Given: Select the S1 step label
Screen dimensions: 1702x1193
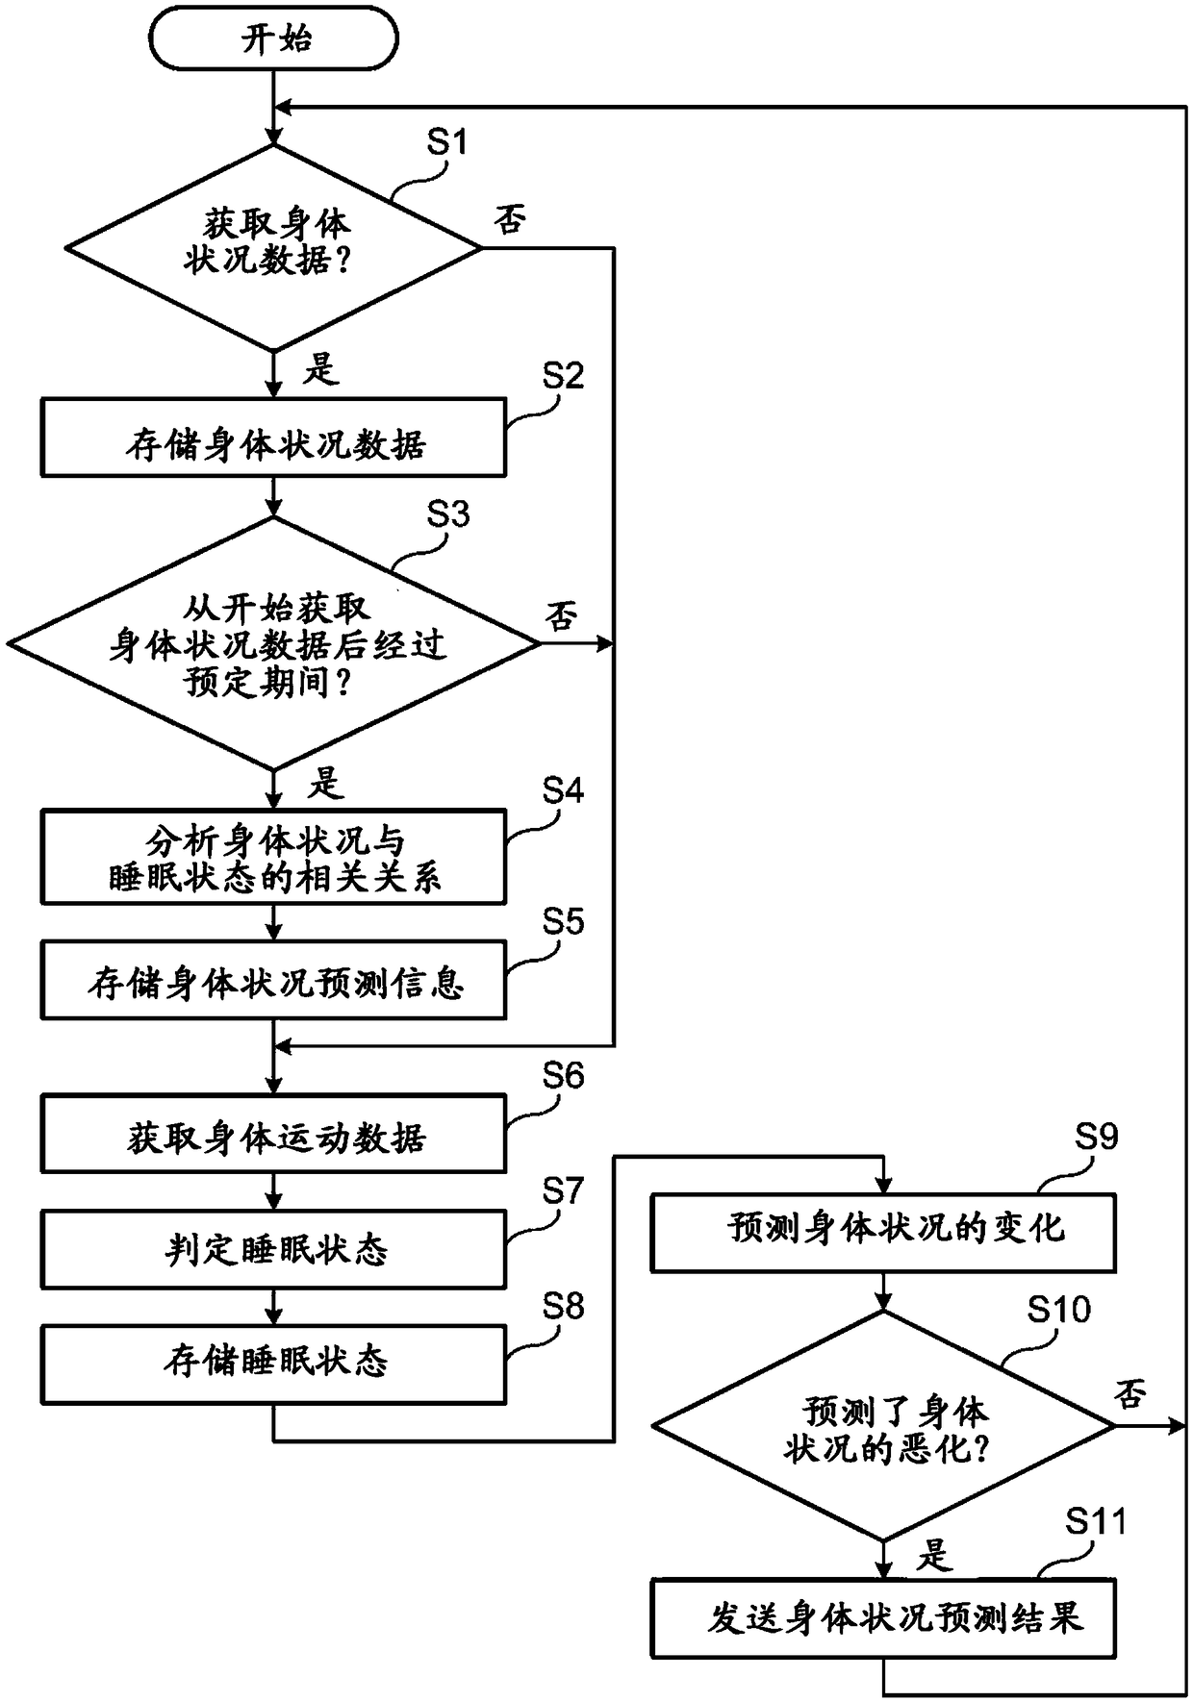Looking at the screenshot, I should (x=446, y=141).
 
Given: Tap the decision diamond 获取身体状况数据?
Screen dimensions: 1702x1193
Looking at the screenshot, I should (x=274, y=247).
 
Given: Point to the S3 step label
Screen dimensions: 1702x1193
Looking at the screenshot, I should (x=447, y=514).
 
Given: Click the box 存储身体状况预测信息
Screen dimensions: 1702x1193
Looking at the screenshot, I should (x=273, y=981).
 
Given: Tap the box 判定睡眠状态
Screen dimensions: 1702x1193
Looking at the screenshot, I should (x=273, y=1249).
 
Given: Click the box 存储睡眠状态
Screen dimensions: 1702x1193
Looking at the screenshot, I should (x=273, y=1364).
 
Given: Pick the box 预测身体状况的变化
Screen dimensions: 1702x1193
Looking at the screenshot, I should (x=883, y=1233).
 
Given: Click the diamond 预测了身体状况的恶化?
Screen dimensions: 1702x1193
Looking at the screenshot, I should (x=883, y=1426).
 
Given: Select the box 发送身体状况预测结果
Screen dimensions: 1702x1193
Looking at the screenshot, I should (x=883, y=1617).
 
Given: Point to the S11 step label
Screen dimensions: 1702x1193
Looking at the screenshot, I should (x=1096, y=1521).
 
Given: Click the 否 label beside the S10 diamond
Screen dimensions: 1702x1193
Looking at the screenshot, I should (x=1130, y=1392).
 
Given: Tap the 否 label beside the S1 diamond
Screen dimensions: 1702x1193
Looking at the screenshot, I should (x=510, y=220).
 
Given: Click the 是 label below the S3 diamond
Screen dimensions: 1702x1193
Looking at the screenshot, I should (x=325, y=783).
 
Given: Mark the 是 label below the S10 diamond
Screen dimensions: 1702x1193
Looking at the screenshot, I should (x=933, y=1554).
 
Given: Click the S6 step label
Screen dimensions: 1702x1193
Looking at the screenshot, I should (x=563, y=1075).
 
